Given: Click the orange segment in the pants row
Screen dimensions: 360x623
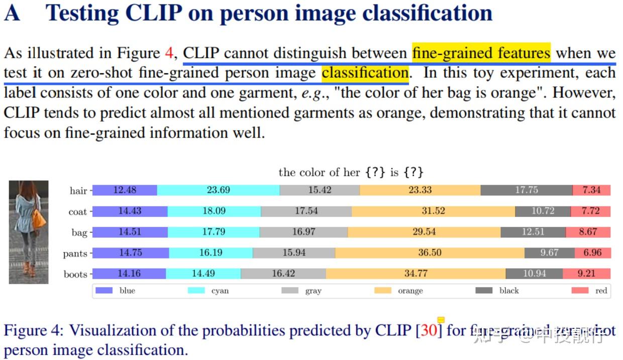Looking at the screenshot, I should pyautogui.click(x=430, y=253).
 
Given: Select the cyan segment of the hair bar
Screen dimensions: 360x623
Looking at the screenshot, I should pyautogui.click(x=218, y=190).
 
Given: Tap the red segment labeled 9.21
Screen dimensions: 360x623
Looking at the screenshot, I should pyautogui.click(x=586, y=274).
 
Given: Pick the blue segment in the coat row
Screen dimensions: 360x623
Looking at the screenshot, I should pyautogui.click(x=130, y=211).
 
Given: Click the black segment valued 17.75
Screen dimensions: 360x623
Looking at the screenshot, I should pyautogui.click(x=526, y=190).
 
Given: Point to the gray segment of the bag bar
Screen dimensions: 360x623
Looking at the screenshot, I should pyautogui.click(x=303, y=232).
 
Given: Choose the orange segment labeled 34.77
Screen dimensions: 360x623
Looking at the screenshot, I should pyautogui.click(x=416, y=274).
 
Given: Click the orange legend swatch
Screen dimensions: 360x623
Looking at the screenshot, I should pyautogui.click(x=383, y=291).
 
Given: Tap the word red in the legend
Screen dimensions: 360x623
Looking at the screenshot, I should pyautogui.click(x=601, y=291).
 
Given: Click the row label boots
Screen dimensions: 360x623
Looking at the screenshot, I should pyautogui.click(x=75, y=275).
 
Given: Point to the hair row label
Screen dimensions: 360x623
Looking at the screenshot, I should pyautogui.click(x=78, y=191).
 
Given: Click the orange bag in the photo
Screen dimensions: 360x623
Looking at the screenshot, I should pyautogui.click(x=39, y=219).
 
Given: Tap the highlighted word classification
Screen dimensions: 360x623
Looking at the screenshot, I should pyautogui.click(x=365, y=73).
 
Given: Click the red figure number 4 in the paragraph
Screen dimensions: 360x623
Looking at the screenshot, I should pyautogui.click(x=169, y=53).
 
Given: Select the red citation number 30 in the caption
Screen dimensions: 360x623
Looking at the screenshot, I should pyautogui.click(x=429, y=331).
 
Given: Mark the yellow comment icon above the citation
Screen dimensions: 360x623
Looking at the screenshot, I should pyautogui.click(x=441, y=320).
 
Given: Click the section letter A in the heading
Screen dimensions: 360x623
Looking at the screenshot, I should pyautogui.click(x=12, y=14).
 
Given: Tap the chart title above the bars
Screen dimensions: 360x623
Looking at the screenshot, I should pyautogui.click(x=351, y=173).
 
